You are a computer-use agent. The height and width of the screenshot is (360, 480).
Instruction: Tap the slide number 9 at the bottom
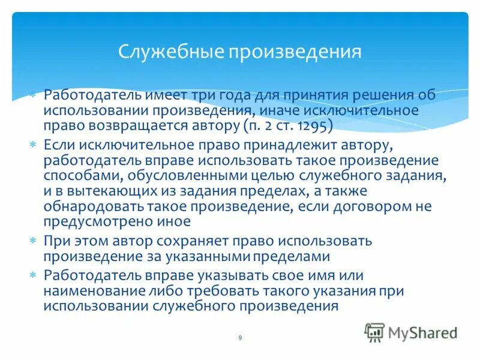coord(240,338)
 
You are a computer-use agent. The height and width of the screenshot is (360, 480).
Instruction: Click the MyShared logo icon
coord(374,332)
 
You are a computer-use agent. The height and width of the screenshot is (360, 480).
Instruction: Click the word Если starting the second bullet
coord(59,146)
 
